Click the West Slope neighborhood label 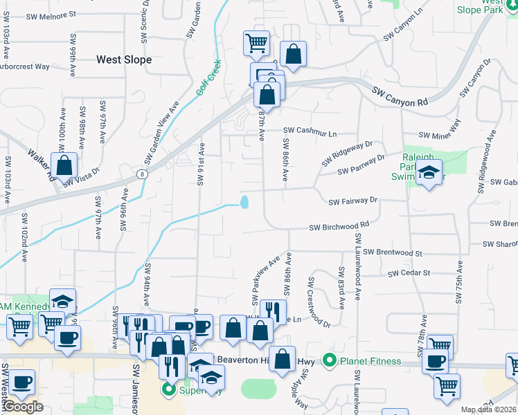click(124, 59)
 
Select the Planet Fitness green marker click(330, 361)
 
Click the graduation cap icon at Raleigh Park click(429, 174)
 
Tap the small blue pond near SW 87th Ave click(244, 202)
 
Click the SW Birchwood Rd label click(339, 226)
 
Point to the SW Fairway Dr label click(352, 201)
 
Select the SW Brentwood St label click(392, 253)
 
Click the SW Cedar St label click(409, 273)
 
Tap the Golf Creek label click(208, 77)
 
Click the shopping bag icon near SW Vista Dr click(64, 166)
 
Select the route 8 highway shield click(141, 173)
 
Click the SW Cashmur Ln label click(310, 131)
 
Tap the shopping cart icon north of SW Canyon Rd click(256, 43)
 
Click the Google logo click(22, 407)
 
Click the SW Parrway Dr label click(361, 165)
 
